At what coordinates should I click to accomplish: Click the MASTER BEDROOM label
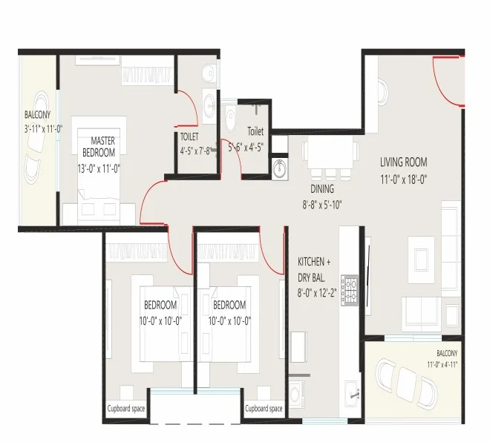pyautogui.click(x=99, y=146)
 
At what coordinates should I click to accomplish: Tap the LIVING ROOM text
pyautogui.click(x=403, y=162)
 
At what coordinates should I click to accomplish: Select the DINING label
pyautogui.click(x=322, y=189)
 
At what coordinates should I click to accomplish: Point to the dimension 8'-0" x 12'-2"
pyautogui.click(x=316, y=293)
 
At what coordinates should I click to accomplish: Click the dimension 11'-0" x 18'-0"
pyautogui.click(x=403, y=179)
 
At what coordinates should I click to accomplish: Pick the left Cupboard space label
pyautogui.click(x=126, y=409)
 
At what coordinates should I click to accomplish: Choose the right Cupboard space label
pyautogui.click(x=264, y=409)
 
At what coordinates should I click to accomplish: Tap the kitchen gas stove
pyautogui.click(x=350, y=291)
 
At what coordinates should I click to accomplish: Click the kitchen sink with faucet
pyautogui.click(x=352, y=394)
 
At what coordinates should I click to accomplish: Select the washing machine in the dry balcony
pyautogui.click(x=297, y=394)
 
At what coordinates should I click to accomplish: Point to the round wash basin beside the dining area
pyautogui.click(x=280, y=169)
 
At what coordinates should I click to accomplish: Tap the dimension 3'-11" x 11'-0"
pyautogui.click(x=44, y=129)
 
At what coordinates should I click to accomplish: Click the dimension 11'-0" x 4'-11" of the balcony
pyautogui.click(x=442, y=364)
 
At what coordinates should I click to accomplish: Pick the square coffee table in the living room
pyautogui.click(x=421, y=260)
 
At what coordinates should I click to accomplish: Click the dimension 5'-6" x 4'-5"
pyautogui.click(x=246, y=147)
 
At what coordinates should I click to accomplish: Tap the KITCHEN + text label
pyautogui.click(x=314, y=262)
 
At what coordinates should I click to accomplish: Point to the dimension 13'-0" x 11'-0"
pyautogui.click(x=99, y=169)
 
